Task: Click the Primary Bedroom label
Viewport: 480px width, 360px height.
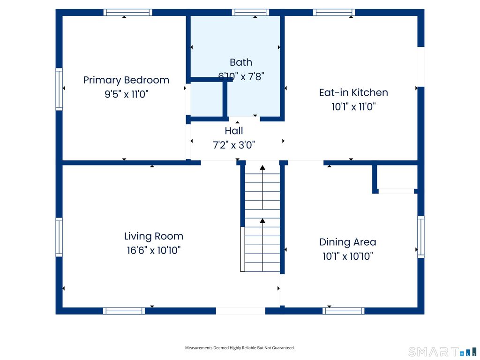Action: pos(126,80)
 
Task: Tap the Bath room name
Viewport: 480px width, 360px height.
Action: pos(241,62)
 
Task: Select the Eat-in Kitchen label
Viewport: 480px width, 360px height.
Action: pos(353,92)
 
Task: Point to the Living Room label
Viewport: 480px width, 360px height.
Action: pos(154,236)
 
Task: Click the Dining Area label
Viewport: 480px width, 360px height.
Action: pos(348,242)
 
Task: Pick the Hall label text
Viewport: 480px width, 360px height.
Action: pos(234,131)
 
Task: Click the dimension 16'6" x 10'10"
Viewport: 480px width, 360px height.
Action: pos(154,250)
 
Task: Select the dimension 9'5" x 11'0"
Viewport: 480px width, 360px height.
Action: pos(127,94)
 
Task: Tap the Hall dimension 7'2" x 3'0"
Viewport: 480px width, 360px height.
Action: pos(234,145)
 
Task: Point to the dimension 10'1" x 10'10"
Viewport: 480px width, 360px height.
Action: pos(348,256)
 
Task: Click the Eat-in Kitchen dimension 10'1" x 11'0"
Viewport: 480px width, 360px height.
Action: pos(353,107)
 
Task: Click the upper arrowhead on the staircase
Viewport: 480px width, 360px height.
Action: pos(262,167)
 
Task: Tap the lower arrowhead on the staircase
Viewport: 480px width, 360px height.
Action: pos(262,220)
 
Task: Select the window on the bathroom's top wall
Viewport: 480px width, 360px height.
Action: pos(250,12)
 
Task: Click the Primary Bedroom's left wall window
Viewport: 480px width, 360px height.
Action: pos(59,89)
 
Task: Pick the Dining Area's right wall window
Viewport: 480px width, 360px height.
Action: pos(421,237)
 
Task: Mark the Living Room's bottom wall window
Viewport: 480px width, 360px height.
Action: pos(124,311)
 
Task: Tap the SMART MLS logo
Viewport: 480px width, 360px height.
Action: pos(442,352)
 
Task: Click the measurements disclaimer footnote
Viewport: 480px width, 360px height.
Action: pos(240,348)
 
